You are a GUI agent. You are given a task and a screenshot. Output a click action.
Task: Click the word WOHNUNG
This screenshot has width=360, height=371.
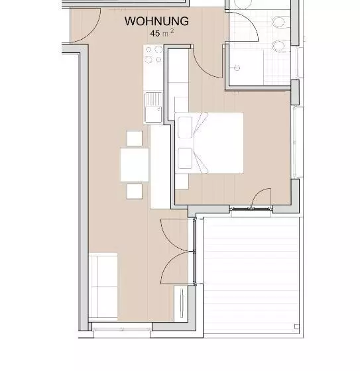156,21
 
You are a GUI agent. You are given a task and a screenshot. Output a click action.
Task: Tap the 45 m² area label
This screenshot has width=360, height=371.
162,33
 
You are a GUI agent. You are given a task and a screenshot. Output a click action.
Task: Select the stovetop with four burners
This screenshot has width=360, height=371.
153,54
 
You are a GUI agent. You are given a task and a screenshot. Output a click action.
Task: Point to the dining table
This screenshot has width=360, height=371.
135,165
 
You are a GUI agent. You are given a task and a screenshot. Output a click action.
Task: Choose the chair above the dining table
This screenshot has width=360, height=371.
135,138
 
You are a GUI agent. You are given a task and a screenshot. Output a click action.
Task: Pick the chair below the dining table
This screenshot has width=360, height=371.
135,191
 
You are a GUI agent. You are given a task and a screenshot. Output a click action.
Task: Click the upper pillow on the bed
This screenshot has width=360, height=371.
185,127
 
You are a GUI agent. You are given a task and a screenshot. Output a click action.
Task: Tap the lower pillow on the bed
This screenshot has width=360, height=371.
185,158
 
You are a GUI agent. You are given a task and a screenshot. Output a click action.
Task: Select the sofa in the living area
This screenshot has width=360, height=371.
103,286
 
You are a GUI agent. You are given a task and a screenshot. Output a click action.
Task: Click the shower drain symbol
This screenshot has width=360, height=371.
237,68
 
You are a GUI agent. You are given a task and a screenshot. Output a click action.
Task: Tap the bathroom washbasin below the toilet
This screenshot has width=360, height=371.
280,46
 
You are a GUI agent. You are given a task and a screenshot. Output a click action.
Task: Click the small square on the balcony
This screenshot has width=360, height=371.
297,327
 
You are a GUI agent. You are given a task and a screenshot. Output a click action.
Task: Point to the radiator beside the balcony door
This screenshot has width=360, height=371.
182,303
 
